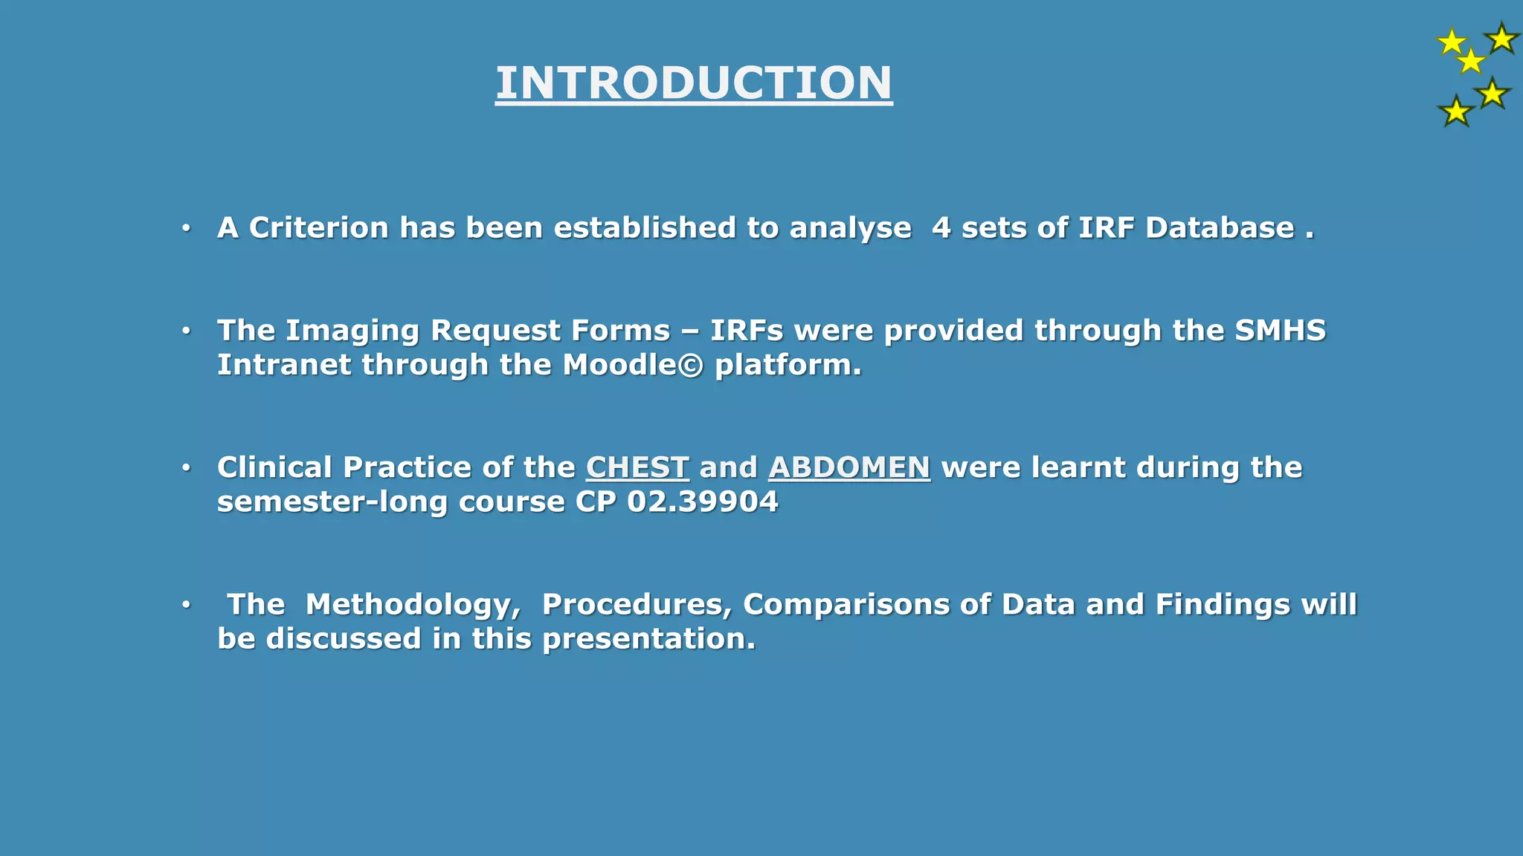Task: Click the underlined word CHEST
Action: (x=637, y=467)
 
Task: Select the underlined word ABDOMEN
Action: (x=849, y=467)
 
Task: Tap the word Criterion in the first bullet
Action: (x=318, y=227)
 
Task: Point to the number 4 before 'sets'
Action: (x=941, y=227)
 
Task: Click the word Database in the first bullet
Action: (x=1220, y=227)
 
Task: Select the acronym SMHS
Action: (x=1280, y=330)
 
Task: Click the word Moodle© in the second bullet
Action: (x=633, y=365)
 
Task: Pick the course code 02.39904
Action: (x=703, y=502)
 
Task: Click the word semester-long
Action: (x=332, y=502)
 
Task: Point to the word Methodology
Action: (x=413, y=604)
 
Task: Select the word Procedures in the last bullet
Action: (x=637, y=604)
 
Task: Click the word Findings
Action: (x=1223, y=604)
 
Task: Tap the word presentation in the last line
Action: (x=648, y=639)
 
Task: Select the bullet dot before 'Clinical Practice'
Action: (x=186, y=467)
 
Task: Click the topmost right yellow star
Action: (x=1501, y=38)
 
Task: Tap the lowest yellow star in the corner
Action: (x=1455, y=111)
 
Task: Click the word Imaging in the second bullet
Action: (x=352, y=331)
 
